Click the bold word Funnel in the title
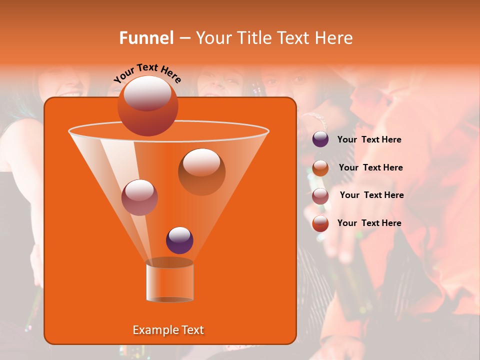coord(146,37)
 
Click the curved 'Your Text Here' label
coord(147,72)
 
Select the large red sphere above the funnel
coord(148,105)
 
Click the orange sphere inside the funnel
coord(201,171)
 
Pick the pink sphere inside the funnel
coord(139,197)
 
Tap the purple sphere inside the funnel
coord(179,240)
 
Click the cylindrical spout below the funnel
coord(169,280)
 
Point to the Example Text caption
coord(168,330)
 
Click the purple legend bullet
coord(320,139)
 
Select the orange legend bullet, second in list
coord(320,167)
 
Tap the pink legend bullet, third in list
coord(320,195)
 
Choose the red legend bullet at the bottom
coord(320,223)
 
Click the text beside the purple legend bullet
coord(369,139)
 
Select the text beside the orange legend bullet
coord(370,167)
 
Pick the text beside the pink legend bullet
coord(371,195)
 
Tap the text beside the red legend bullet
coord(369,223)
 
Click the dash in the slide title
coord(184,38)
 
